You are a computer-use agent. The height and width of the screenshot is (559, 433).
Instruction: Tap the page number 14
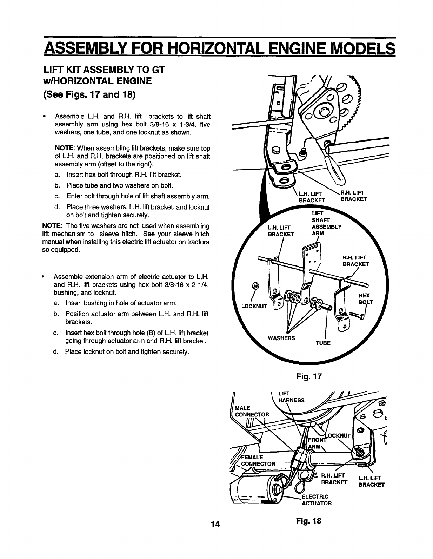click(215, 524)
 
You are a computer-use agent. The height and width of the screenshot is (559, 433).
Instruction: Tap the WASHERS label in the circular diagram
click(281, 338)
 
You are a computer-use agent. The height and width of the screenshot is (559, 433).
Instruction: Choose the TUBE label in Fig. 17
click(323, 343)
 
